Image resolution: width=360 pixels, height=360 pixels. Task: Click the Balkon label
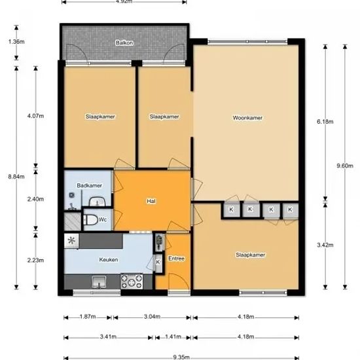(x=124, y=43)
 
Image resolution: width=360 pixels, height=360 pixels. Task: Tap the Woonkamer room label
(x=247, y=118)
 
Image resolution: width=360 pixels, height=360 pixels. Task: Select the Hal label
(x=151, y=201)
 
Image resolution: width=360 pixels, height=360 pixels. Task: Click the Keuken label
(x=109, y=259)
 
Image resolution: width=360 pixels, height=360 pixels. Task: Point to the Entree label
(x=176, y=259)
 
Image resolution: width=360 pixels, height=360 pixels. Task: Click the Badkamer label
(x=89, y=185)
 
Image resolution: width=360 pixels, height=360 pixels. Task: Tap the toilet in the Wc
(x=91, y=220)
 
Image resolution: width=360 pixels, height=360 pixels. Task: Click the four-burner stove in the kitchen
(x=132, y=281)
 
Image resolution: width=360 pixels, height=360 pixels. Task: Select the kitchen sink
(x=99, y=282)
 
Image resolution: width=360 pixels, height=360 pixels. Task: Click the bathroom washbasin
(x=97, y=202)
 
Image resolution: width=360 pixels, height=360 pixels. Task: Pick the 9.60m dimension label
(x=345, y=166)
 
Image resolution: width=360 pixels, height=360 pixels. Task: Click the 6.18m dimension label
(x=325, y=122)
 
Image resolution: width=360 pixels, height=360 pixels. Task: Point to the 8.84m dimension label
(x=16, y=177)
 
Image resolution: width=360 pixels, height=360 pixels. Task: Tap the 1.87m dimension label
(x=88, y=317)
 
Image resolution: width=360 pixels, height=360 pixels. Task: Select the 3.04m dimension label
(x=153, y=317)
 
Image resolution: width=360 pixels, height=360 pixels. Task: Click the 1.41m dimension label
(x=173, y=336)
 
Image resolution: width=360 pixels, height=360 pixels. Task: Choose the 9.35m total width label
(x=181, y=357)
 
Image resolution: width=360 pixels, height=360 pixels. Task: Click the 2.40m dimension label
(x=35, y=199)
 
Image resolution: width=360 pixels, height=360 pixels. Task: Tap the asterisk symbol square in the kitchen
(x=71, y=241)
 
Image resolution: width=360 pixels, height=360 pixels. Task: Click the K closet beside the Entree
(x=158, y=262)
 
